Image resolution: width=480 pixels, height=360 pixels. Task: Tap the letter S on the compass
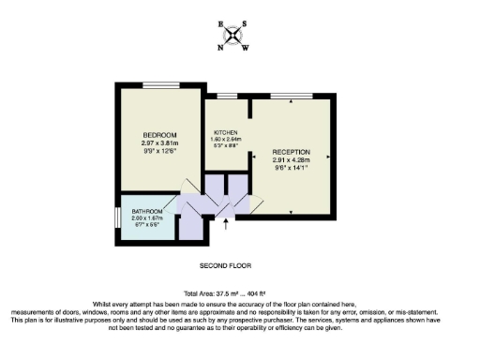tap(245, 24)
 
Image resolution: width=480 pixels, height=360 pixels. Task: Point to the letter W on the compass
tap(246, 45)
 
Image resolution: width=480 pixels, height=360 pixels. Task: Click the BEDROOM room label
tap(159, 135)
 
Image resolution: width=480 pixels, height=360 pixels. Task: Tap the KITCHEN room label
tap(226, 132)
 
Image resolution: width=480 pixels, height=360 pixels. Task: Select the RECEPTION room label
tap(291, 151)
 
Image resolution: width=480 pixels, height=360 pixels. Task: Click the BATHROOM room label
tap(148, 211)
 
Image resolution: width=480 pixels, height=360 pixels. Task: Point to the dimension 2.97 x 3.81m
tap(159, 142)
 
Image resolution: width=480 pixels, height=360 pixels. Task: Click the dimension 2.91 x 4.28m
tap(291, 159)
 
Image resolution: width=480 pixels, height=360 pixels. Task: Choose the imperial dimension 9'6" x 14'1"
tap(291, 168)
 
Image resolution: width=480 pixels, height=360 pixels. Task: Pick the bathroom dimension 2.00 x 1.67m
tap(148, 218)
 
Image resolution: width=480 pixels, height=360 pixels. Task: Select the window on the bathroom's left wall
tap(116, 217)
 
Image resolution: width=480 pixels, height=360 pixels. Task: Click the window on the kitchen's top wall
tap(227, 96)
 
